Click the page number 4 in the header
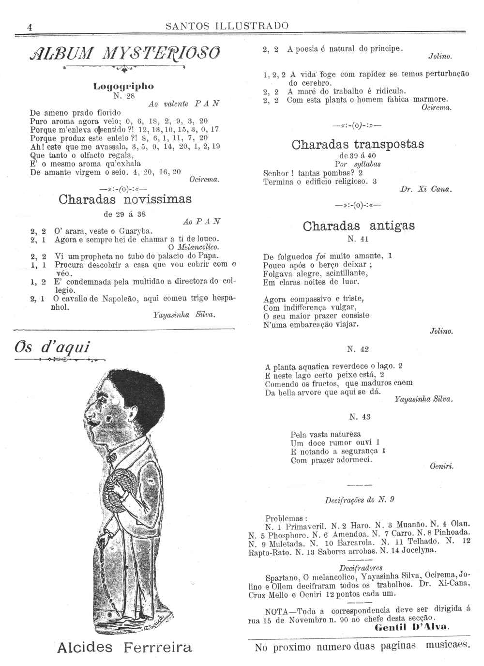30,27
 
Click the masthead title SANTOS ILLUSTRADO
227,26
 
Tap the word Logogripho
123,86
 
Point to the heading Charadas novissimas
125,199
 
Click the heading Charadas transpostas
358,144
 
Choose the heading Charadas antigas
359,226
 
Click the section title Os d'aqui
53,347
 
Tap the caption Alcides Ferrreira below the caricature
124,647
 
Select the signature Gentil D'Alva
412,627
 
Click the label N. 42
358,349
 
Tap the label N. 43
360,417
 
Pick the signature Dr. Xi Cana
426,190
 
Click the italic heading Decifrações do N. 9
359,499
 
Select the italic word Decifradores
361,568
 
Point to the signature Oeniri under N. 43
441,466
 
